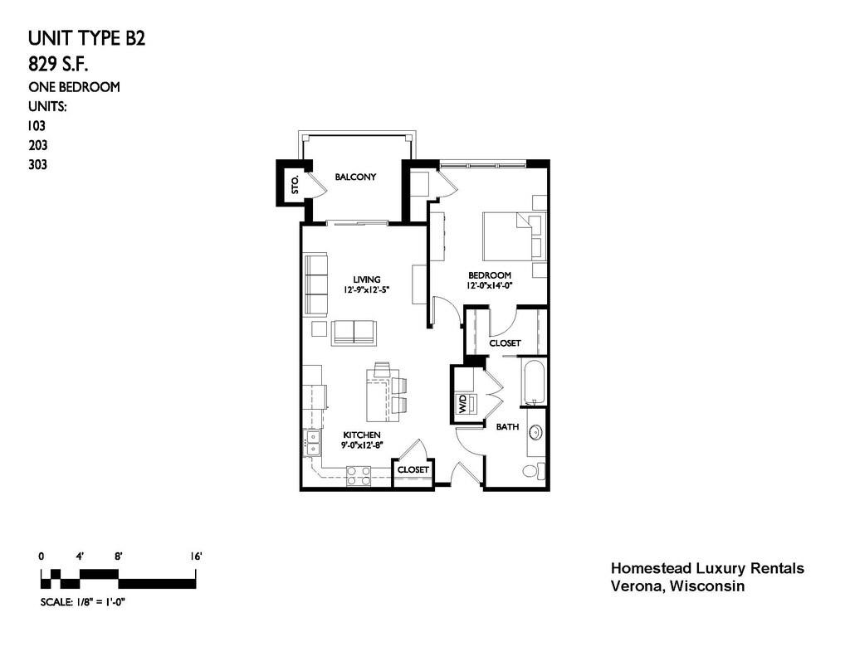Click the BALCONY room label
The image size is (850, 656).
point(355,177)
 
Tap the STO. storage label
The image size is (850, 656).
point(295,185)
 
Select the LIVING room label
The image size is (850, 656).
point(367,279)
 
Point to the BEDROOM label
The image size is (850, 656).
point(490,275)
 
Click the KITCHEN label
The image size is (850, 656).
point(362,435)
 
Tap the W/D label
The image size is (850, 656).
point(462,404)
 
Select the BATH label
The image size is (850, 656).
point(507,427)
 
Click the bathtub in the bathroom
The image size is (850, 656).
point(534,382)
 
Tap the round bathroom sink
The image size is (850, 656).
point(536,432)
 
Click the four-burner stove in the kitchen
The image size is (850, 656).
point(359,475)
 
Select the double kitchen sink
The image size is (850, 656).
point(313,443)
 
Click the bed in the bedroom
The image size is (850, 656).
point(514,236)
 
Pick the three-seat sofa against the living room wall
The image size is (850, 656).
point(316,284)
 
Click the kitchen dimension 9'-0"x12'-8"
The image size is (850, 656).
point(362,445)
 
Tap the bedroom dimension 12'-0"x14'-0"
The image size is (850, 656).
point(490,285)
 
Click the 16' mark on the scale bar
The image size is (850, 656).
point(196,556)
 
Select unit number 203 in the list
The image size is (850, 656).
point(38,145)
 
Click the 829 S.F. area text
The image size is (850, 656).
point(59,65)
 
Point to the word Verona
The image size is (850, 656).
point(637,586)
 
